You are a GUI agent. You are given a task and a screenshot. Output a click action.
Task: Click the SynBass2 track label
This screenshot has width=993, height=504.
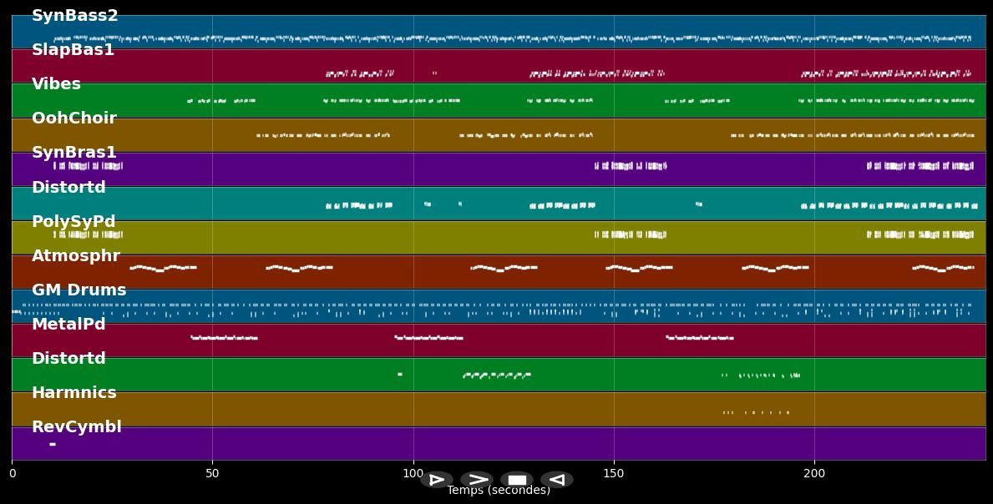coord(74,16)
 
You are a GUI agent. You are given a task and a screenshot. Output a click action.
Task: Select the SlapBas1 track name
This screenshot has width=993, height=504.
coord(73,50)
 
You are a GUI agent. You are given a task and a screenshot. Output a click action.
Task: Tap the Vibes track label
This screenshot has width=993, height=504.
coord(56,84)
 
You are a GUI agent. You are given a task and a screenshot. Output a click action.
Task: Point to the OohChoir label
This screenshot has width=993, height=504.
coord(73,118)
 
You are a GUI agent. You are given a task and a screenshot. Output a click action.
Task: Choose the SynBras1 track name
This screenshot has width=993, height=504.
coord(73,153)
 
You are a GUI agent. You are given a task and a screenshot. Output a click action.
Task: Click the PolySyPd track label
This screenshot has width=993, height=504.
coord(73,222)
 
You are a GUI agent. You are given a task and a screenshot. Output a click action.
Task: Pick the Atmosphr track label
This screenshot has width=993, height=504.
coord(76,256)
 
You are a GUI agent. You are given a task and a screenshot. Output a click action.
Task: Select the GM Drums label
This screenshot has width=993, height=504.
coord(79,290)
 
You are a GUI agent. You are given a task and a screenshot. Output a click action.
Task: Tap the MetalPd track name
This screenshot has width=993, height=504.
coord(68,325)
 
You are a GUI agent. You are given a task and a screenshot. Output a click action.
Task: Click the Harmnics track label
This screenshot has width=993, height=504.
coord(73,393)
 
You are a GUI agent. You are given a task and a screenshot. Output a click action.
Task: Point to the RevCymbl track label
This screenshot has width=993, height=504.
coord(76,427)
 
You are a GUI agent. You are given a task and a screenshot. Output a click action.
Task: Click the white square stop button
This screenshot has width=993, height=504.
coord(517,480)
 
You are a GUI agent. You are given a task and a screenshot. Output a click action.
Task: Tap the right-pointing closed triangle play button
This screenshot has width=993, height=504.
coord(436,480)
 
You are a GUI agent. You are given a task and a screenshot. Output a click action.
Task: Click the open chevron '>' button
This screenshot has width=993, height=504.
coord(477,480)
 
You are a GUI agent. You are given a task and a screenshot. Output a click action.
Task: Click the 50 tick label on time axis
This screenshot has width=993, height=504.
coord(212,474)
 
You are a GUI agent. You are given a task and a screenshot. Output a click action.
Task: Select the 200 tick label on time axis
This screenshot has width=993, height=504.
coord(814,474)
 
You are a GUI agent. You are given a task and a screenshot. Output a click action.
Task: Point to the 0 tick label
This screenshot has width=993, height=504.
coord(12,474)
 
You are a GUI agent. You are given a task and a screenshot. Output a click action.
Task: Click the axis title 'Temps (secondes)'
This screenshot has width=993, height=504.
coord(499,491)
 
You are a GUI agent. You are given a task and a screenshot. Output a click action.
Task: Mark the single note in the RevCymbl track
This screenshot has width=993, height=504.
coord(53,444)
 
